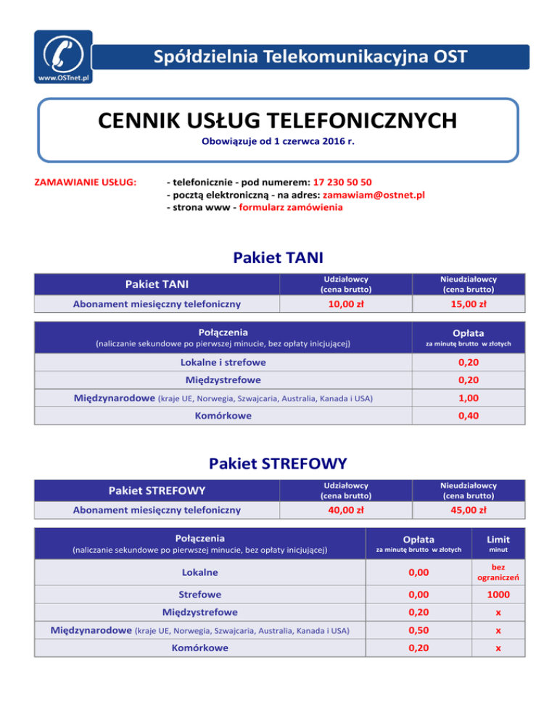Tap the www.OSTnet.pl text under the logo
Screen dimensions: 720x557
(x=63, y=75)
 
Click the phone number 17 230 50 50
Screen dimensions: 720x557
(x=344, y=181)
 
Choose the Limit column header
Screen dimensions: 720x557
(x=498, y=539)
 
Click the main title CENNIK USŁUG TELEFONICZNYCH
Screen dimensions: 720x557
(x=278, y=118)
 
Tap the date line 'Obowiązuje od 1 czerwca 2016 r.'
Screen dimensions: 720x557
(x=278, y=142)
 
